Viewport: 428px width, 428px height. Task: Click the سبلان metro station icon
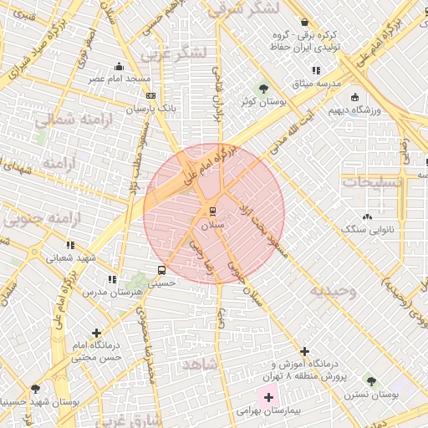212,210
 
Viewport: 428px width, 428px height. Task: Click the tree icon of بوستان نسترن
369,381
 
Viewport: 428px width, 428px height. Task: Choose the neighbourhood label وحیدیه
334,291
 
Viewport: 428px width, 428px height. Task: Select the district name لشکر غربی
172,53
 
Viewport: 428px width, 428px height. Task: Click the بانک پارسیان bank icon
150,95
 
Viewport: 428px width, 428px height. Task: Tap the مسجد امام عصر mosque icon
120,66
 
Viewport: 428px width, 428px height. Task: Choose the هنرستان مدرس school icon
110,279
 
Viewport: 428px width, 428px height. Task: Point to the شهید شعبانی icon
71,245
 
